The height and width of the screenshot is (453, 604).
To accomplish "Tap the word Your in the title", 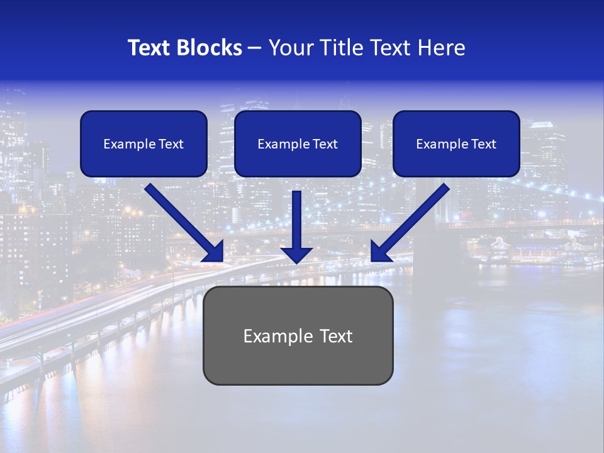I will click(291, 48).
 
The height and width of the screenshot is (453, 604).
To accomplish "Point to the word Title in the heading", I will click(342, 48).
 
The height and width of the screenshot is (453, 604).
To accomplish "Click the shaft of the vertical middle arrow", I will click(296, 217).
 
